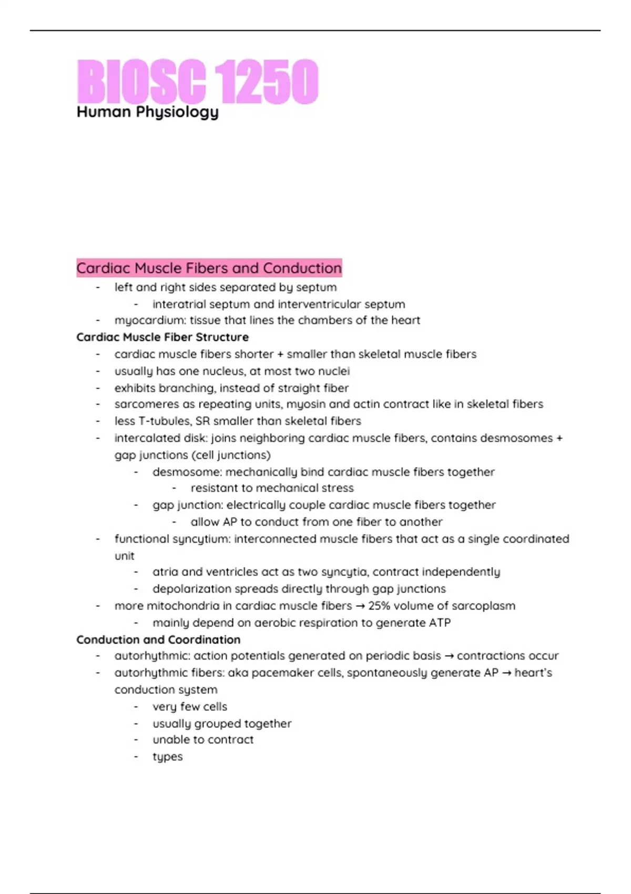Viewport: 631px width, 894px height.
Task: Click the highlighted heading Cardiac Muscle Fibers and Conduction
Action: (x=209, y=268)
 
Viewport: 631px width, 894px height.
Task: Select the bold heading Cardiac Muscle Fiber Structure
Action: (x=162, y=337)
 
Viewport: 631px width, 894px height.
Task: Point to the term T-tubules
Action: (x=163, y=421)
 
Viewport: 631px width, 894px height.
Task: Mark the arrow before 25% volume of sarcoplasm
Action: (x=360, y=606)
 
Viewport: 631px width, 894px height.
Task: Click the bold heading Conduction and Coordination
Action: (x=158, y=639)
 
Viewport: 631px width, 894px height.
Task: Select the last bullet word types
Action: (x=168, y=757)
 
